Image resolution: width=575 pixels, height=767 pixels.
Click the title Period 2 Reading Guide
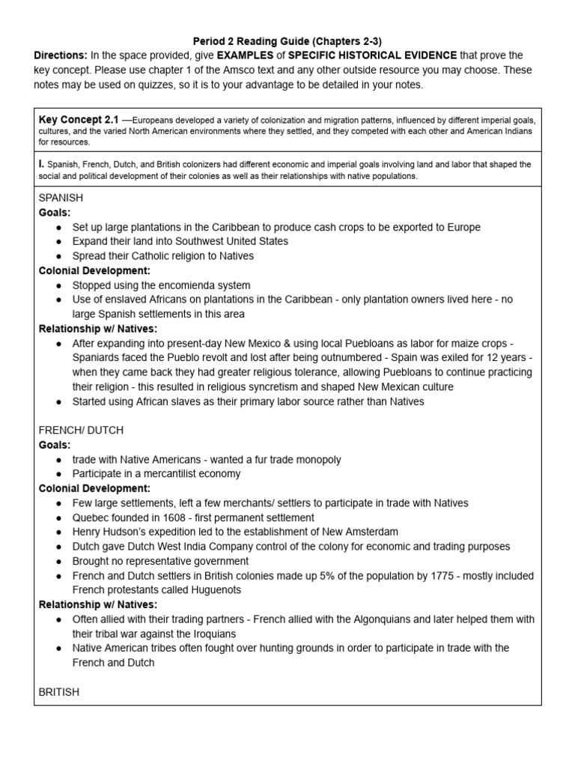click(x=287, y=41)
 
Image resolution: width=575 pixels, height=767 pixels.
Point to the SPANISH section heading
click(x=61, y=198)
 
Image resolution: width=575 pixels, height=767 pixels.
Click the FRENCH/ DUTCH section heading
click(x=81, y=430)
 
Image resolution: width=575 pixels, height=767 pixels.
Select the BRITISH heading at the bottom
click(x=58, y=692)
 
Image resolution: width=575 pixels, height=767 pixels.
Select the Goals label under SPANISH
click(x=55, y=213)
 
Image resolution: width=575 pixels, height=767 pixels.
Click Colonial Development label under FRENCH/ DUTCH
click(x=94, y=488)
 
